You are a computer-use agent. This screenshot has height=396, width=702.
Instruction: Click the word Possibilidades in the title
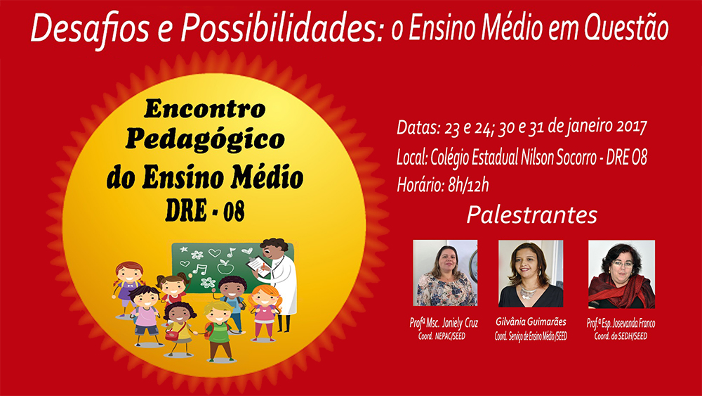[x=282, y=30]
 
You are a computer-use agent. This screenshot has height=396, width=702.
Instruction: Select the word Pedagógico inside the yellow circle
[x=205, y=140]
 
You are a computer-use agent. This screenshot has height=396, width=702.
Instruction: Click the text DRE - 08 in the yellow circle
[x=205, y=210]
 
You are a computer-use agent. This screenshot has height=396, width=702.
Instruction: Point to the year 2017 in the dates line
[x=631, y=127]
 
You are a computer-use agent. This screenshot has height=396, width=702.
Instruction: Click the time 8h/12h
[x=468, y=185]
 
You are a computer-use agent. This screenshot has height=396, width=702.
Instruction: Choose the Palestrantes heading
[x=532, y=215]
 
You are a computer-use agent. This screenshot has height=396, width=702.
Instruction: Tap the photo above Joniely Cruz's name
[x=445, y=273]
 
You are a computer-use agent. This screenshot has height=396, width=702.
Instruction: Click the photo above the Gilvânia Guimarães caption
[x=531, y=274]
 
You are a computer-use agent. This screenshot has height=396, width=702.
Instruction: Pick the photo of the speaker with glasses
[x=621, y=274]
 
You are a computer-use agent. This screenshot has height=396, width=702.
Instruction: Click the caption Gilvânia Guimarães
[x=531, y=322]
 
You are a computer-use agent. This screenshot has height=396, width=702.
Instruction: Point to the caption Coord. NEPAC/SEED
[x=442, y=336]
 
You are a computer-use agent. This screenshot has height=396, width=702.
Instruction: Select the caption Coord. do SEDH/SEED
[x=621, y=336]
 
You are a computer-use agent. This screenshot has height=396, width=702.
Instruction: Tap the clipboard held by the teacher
[x=258, y=265]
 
